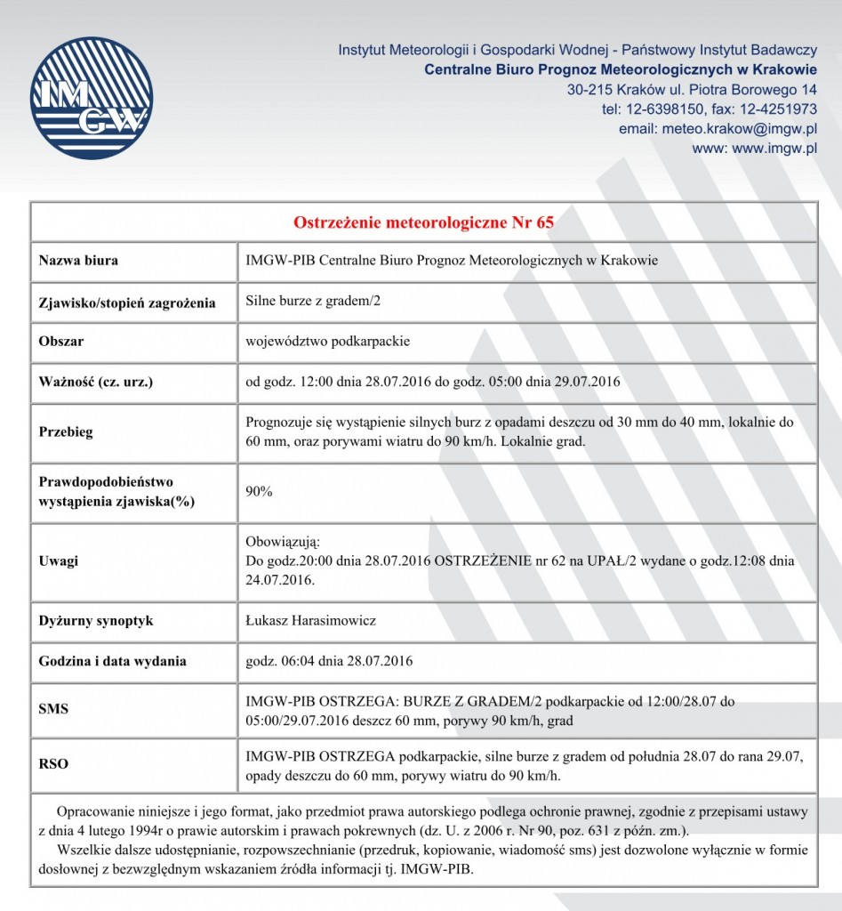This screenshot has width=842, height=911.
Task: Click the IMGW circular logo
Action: point(92,98)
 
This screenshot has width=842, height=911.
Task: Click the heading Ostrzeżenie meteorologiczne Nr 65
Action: point(423,222)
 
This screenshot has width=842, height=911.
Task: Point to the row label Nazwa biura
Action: point(78,261)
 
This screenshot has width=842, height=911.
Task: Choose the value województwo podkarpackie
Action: point(327,341)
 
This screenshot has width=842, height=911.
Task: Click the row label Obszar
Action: point(61,341)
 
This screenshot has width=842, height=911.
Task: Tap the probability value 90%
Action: point(259,491)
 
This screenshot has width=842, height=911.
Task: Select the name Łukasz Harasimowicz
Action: point(310,620)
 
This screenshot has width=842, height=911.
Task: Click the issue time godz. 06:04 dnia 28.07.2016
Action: point(329,661)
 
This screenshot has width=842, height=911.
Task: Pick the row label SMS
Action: point(53,709)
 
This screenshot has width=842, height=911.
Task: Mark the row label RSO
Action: point(53,764)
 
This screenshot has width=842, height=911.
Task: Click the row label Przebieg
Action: point(66,432)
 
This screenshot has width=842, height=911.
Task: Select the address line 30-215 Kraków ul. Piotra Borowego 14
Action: point(692,90)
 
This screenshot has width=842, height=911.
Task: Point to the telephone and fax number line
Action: point(710,109)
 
